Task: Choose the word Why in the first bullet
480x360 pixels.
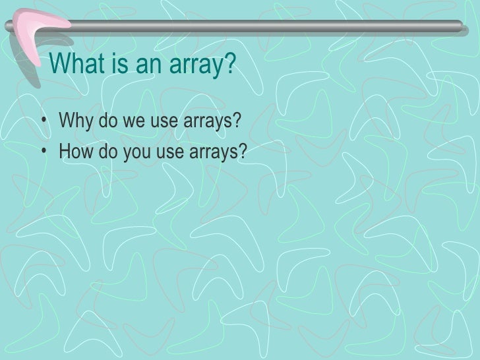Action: (x=74, y=123)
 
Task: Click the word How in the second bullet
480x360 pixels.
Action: (x=75, y=153)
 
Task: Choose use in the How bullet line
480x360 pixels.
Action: (x=166, y=153)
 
